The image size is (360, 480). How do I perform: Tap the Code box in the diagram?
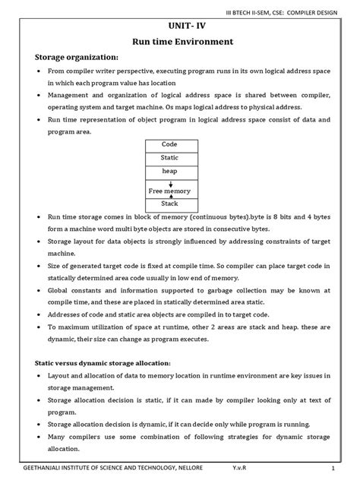click(169, 144)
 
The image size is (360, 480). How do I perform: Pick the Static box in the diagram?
click(169, 157)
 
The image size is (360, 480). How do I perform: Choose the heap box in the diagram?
click(169, 172)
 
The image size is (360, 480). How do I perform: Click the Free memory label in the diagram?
click(169, 191)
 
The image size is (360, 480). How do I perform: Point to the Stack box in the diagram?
click(169, 204)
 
